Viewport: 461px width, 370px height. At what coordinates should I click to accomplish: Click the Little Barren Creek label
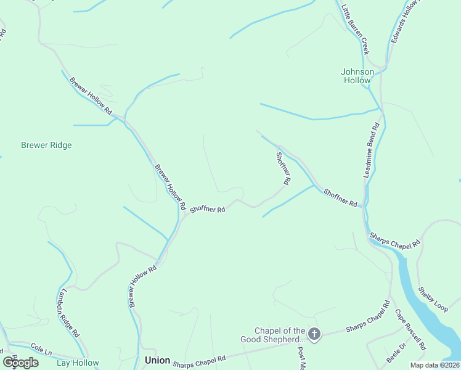coord(355,29)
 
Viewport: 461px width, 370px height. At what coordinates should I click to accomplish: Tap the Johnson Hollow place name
coord(357,76)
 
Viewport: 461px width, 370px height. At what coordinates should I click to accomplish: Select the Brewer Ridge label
coord(46,146)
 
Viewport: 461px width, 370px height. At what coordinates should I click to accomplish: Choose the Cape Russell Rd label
coord(410,329)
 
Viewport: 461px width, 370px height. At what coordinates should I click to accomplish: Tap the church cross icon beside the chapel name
coord(314,335)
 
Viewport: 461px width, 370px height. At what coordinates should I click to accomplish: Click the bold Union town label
coord(157,360)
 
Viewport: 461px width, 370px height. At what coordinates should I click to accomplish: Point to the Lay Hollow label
coord(78,363)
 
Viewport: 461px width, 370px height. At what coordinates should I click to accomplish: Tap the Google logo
coord(20,363)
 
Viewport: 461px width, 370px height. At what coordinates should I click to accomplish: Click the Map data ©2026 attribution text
coord(435,365)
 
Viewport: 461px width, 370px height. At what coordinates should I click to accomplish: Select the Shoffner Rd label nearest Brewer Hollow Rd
coord(208,210)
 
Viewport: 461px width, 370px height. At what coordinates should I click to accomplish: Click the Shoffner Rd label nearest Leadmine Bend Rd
coord(341,199)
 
